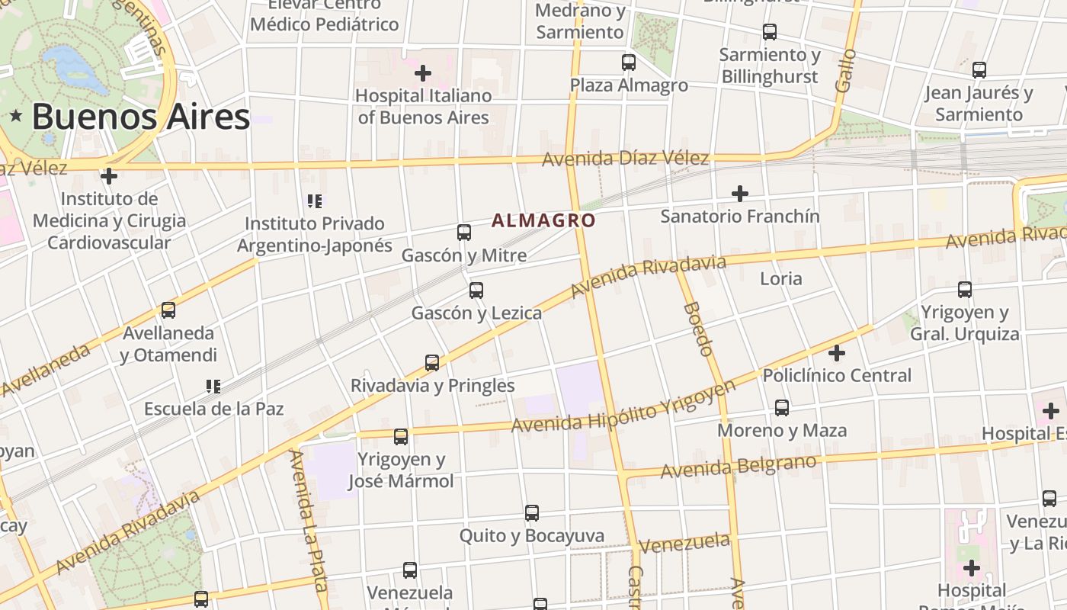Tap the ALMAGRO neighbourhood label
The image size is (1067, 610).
point(543,221)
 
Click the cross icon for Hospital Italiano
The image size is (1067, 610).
point(423,73)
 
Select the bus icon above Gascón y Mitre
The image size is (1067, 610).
point(463,233)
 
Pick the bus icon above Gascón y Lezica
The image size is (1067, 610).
point(476,291)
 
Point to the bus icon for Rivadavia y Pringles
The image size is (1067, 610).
point(432,363)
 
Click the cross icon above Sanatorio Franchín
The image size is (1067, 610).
point(739,194)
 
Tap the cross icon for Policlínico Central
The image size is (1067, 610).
point(837,353)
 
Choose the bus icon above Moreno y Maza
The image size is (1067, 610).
point(782,408)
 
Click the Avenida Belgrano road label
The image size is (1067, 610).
point(739,466)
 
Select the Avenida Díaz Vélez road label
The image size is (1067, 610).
point(626,159)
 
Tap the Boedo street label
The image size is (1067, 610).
point(698,329)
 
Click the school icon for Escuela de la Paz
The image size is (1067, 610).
point(213,387)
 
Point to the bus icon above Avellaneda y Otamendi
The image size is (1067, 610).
point(168,310)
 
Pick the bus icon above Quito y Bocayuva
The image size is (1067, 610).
point(532,513)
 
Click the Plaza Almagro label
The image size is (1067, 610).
point(629,85)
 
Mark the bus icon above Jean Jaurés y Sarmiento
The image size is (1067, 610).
point(979,70)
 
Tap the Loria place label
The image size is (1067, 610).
point(781,278)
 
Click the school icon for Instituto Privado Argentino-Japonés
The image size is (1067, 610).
point(315,201)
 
